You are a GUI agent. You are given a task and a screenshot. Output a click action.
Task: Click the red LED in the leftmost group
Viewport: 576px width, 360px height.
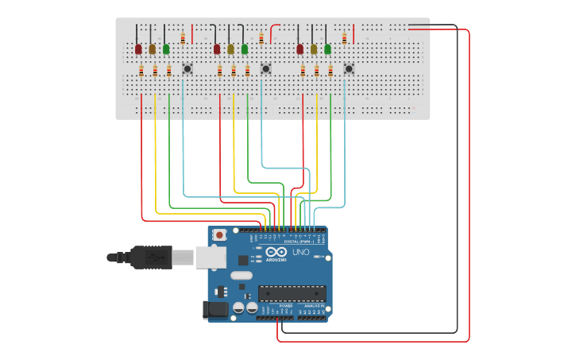point(138,49)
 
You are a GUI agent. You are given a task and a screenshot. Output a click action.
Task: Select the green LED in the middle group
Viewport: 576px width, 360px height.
point(245,49)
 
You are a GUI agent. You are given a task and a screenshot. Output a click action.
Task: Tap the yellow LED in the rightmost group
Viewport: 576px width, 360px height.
point(314,49)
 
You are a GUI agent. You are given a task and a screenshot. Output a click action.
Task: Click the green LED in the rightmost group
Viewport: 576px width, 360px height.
point(327,49)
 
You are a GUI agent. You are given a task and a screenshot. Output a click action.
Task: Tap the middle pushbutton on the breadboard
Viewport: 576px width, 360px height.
point(266,68)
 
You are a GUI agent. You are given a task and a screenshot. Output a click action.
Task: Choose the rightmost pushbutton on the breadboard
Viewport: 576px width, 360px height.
point(349,68)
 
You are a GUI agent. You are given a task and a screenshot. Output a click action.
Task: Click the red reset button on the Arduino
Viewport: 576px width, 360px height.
point(219,235)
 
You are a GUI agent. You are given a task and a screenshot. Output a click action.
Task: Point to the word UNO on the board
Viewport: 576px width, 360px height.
point(301,252)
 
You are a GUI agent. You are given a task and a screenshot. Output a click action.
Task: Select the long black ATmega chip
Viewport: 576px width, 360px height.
point(292,293)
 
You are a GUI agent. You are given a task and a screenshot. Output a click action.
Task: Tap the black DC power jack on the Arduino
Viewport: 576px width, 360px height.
point(212,310)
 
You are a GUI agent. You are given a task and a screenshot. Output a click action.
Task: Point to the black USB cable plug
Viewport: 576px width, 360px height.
point(151,257)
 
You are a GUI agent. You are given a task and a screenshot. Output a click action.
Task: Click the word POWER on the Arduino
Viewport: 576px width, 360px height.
point(285,305)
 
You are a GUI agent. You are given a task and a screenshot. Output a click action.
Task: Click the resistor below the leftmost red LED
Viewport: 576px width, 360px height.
point(141,72)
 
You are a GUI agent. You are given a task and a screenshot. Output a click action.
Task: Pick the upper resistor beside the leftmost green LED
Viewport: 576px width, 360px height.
point(184,37)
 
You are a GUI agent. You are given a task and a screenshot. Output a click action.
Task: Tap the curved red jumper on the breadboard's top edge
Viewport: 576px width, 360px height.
point(274,32)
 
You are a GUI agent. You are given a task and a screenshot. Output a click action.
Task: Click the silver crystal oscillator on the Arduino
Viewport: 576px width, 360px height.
point(242,276)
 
